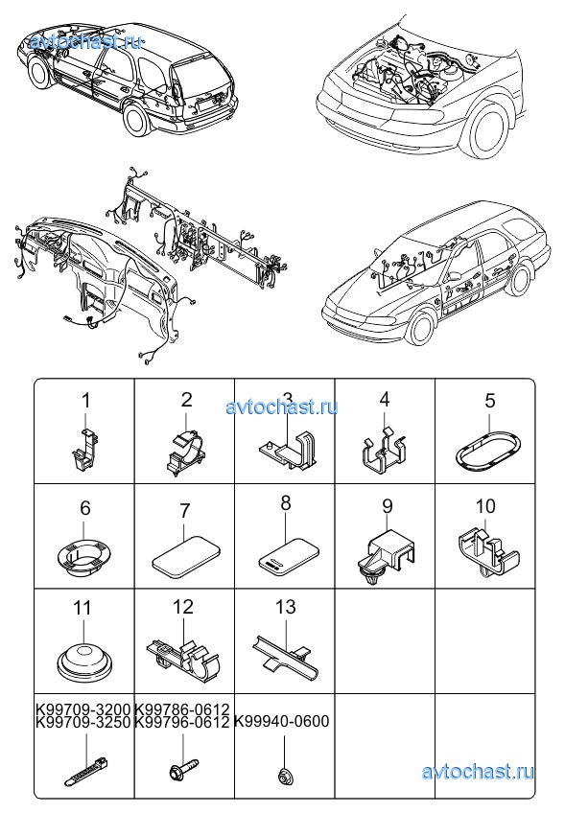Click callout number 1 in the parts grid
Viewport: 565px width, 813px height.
tap(86, 401)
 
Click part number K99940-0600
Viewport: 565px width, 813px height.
tap(282, 721)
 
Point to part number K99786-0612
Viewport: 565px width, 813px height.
tap(181, 708)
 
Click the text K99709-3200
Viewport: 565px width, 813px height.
tap(83, 708)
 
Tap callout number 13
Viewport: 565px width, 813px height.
tap(285, 607)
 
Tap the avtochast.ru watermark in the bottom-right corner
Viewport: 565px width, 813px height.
tap(478, 772)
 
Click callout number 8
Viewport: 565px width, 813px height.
tap(286, 503)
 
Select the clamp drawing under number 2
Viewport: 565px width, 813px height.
tap(186, 449)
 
